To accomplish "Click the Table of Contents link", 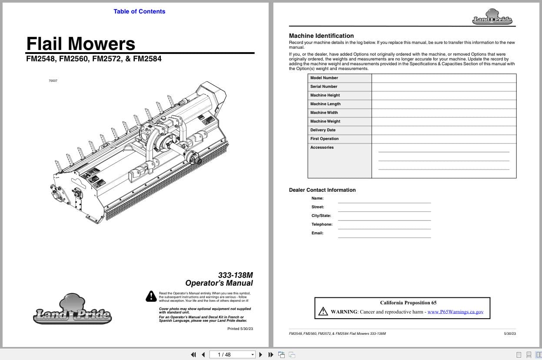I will pyautogui.click(x=139, y=11).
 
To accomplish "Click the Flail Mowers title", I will pyautogui.click(x=81, y=43).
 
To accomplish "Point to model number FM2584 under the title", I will pyautogui.click(x=147, y=59).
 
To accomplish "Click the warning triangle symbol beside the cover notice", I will pyautogui.click(x=151, y=296).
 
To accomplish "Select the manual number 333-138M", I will pyautogui.click(x=235, y=275).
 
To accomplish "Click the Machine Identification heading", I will pyautogui.click(x=321, y=36).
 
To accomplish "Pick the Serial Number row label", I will pyautogui.click(x=324, y=87).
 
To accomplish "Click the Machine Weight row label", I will pyautogui.click(x=325, y=121).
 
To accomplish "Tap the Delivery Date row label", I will pyautogui.click(x=323, y=130).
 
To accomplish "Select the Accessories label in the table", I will pyautogui.click(x=322, y=147).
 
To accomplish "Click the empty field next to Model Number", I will pyautogui.click(x=444, y=78).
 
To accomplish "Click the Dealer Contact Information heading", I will pyautogui.click(x=322, y=190).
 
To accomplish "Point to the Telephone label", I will pyautogui.click(x=322, y=224).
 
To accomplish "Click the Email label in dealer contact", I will pyautogui.click(x=317, y=233).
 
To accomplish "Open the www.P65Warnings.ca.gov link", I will pyautogui.click(x=455, y=312).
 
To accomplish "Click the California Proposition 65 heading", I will pyautogui.click(x=408, y=303).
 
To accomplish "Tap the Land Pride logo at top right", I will pyautogui.click(x=492, y=18).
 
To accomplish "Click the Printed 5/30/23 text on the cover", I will pyautogui.click(x=240, y=329).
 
